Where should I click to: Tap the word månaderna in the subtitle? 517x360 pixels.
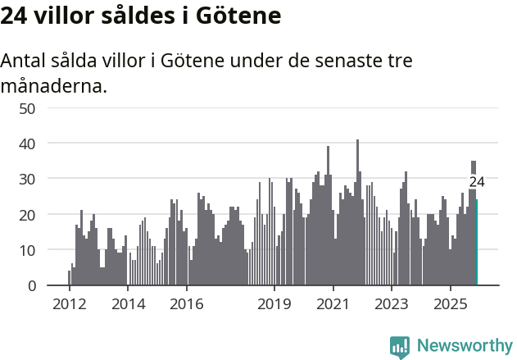coord(54,85)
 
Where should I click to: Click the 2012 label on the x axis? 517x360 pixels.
coord(69,303)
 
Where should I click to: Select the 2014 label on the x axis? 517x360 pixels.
coord(128,303)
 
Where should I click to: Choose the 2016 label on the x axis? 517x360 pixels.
coord(187,303)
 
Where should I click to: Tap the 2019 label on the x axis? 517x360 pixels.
coord(274,303)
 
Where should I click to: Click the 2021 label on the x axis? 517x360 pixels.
coord(333,303)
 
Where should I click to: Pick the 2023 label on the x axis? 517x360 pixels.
coord(392,303)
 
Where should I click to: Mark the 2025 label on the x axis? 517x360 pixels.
coord(451,303)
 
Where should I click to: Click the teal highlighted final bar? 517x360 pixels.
coord(477,243)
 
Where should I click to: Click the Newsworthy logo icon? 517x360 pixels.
coord(400,347)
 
